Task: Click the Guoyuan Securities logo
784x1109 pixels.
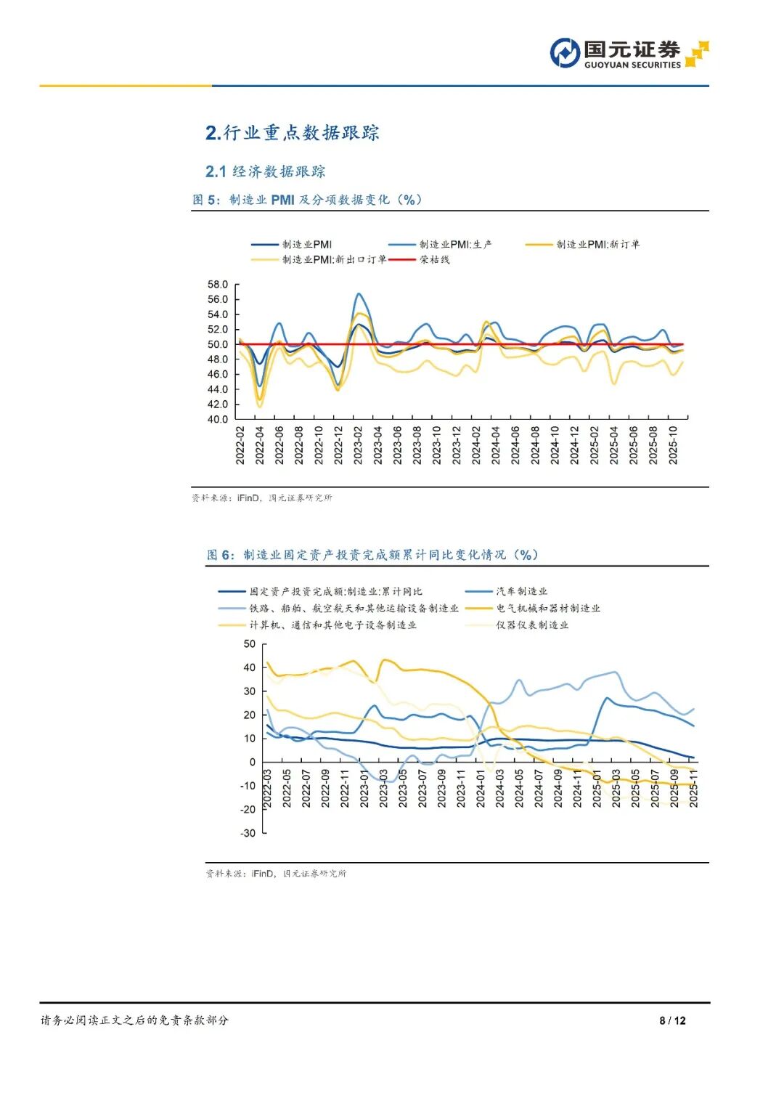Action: pyautogui.click(x=629, y=54)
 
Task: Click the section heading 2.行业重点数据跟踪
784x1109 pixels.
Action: pyautogui.click(x=293, y=133)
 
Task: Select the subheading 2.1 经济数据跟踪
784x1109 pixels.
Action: pyautogui.click(x=266, y=171)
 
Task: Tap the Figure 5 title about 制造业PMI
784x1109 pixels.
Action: pyautogui.click(x=307, y=200)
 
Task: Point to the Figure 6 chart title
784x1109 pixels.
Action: pyautogui.click(x=372, y=555)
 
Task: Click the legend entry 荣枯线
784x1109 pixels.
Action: pyautogui.click(x=434, y=259)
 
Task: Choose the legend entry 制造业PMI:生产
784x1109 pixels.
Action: pyautogui.click(x=455, y=245)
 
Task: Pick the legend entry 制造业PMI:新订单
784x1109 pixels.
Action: pyautogui.click(x=597, y=245)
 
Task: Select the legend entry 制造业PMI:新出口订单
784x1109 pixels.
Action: pyautogui.click(x=334, y=259)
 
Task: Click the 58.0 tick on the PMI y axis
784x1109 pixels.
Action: pyautogui.click(x=217, y=284)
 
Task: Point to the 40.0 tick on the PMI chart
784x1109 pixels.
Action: pyautogui.click(x=217, y=419)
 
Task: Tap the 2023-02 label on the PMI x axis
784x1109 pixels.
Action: pyautogui.click(x=358, y=444)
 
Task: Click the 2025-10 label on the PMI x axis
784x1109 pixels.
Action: pyautogui.click(x=672, y=444)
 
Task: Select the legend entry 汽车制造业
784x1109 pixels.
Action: pyautogui.click(x=521, y=591)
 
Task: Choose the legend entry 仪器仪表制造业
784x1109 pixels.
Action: pyautogui.click(x=532, y=625)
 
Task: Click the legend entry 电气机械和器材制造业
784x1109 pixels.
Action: pyautogui.click(x=548, y=608)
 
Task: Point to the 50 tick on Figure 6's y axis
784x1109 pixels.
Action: pyautogui.click(x=249, y=643)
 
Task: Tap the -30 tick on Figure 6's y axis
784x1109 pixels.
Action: pyautogui.click(x=248, y=833)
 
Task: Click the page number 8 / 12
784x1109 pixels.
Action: pyautogui.click(x=672, y=1020)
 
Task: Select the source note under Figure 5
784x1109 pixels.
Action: pyautogui.click(x=262, y=497)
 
